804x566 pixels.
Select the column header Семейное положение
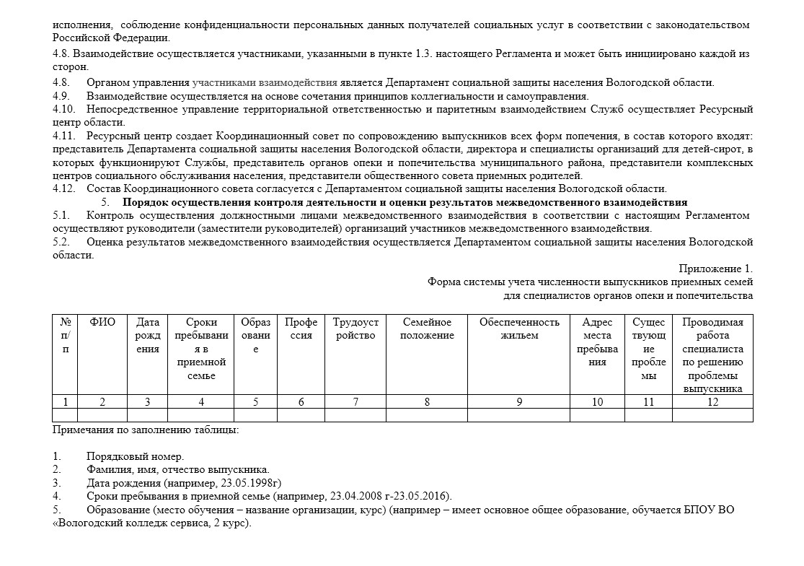point(427,328)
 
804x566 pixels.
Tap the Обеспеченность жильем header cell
point(519,328)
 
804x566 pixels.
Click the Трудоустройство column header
point(355,328)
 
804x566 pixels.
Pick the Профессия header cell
point(301,328)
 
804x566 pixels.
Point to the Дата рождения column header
point(148,335)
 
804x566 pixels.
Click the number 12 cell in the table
point(712,402)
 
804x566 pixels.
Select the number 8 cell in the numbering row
point(427,402)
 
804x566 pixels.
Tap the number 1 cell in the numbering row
point(66,402)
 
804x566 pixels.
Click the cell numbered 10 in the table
point(597,402)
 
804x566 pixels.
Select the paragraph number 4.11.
point(64,135)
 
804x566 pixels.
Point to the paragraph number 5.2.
point(61,242)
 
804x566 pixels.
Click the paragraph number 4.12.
point(64,188)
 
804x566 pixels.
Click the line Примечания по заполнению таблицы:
point(146,430)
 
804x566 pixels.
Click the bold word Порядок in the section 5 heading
point(145,202)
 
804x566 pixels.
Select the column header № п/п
point(66,335)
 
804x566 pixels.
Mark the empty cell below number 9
point(519,415)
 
